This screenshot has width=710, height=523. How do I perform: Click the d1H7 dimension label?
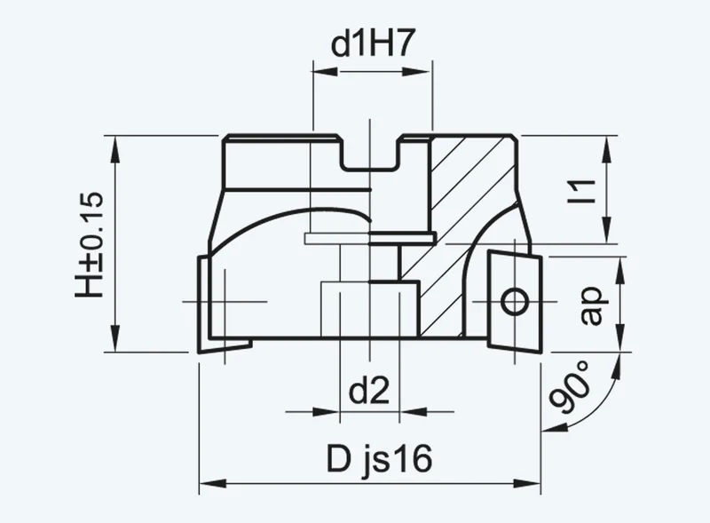372,44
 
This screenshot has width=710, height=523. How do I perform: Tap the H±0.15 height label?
90,245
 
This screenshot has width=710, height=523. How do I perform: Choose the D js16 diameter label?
380,459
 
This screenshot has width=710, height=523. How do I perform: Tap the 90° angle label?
570,387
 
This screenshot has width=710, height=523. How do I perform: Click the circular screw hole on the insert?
515,301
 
